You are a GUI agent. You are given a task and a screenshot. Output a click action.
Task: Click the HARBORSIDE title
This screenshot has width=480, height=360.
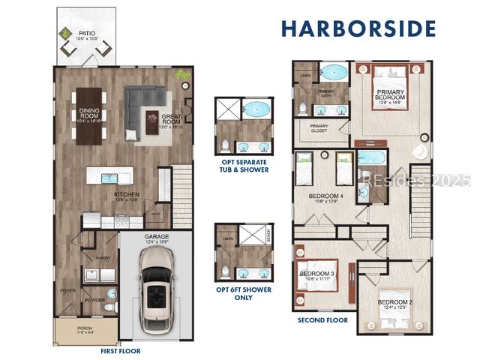coord(358,28)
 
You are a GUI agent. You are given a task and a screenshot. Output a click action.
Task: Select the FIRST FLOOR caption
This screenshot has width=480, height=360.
coord(121,351)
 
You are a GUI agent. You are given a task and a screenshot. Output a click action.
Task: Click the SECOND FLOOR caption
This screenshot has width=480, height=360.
coord(322,320)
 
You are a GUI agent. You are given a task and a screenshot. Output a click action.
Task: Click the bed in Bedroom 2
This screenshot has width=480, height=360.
coord(393,315)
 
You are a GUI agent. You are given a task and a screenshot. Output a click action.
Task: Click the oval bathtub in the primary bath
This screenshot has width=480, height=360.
coord(334,72)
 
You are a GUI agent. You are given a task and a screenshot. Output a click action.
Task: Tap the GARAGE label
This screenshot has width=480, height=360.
coord(156,236)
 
